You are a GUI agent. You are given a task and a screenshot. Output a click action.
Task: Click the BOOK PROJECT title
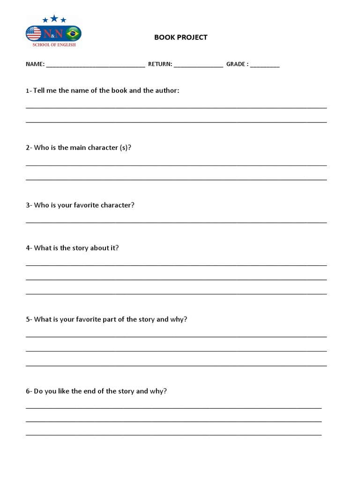point(180,37)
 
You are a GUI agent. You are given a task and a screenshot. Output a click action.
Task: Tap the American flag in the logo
point(34,33)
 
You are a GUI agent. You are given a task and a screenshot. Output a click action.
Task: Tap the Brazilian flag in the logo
point(73,33)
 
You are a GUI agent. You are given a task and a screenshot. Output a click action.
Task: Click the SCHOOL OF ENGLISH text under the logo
point(53,45)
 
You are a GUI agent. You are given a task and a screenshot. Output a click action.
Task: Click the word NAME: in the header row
point(35,64)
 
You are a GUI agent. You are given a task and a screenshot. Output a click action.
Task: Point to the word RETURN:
point(160,64)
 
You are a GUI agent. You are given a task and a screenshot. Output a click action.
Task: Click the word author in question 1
point(167,90)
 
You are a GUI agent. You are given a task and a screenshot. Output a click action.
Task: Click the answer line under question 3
point(176,222)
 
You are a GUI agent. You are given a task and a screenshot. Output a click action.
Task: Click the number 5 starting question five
point(28,319)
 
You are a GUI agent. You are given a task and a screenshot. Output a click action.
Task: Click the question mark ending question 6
point(165,391)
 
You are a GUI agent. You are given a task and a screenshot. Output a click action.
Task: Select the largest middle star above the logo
point(54,18)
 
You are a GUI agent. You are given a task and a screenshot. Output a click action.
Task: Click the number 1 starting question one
point(27,91)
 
